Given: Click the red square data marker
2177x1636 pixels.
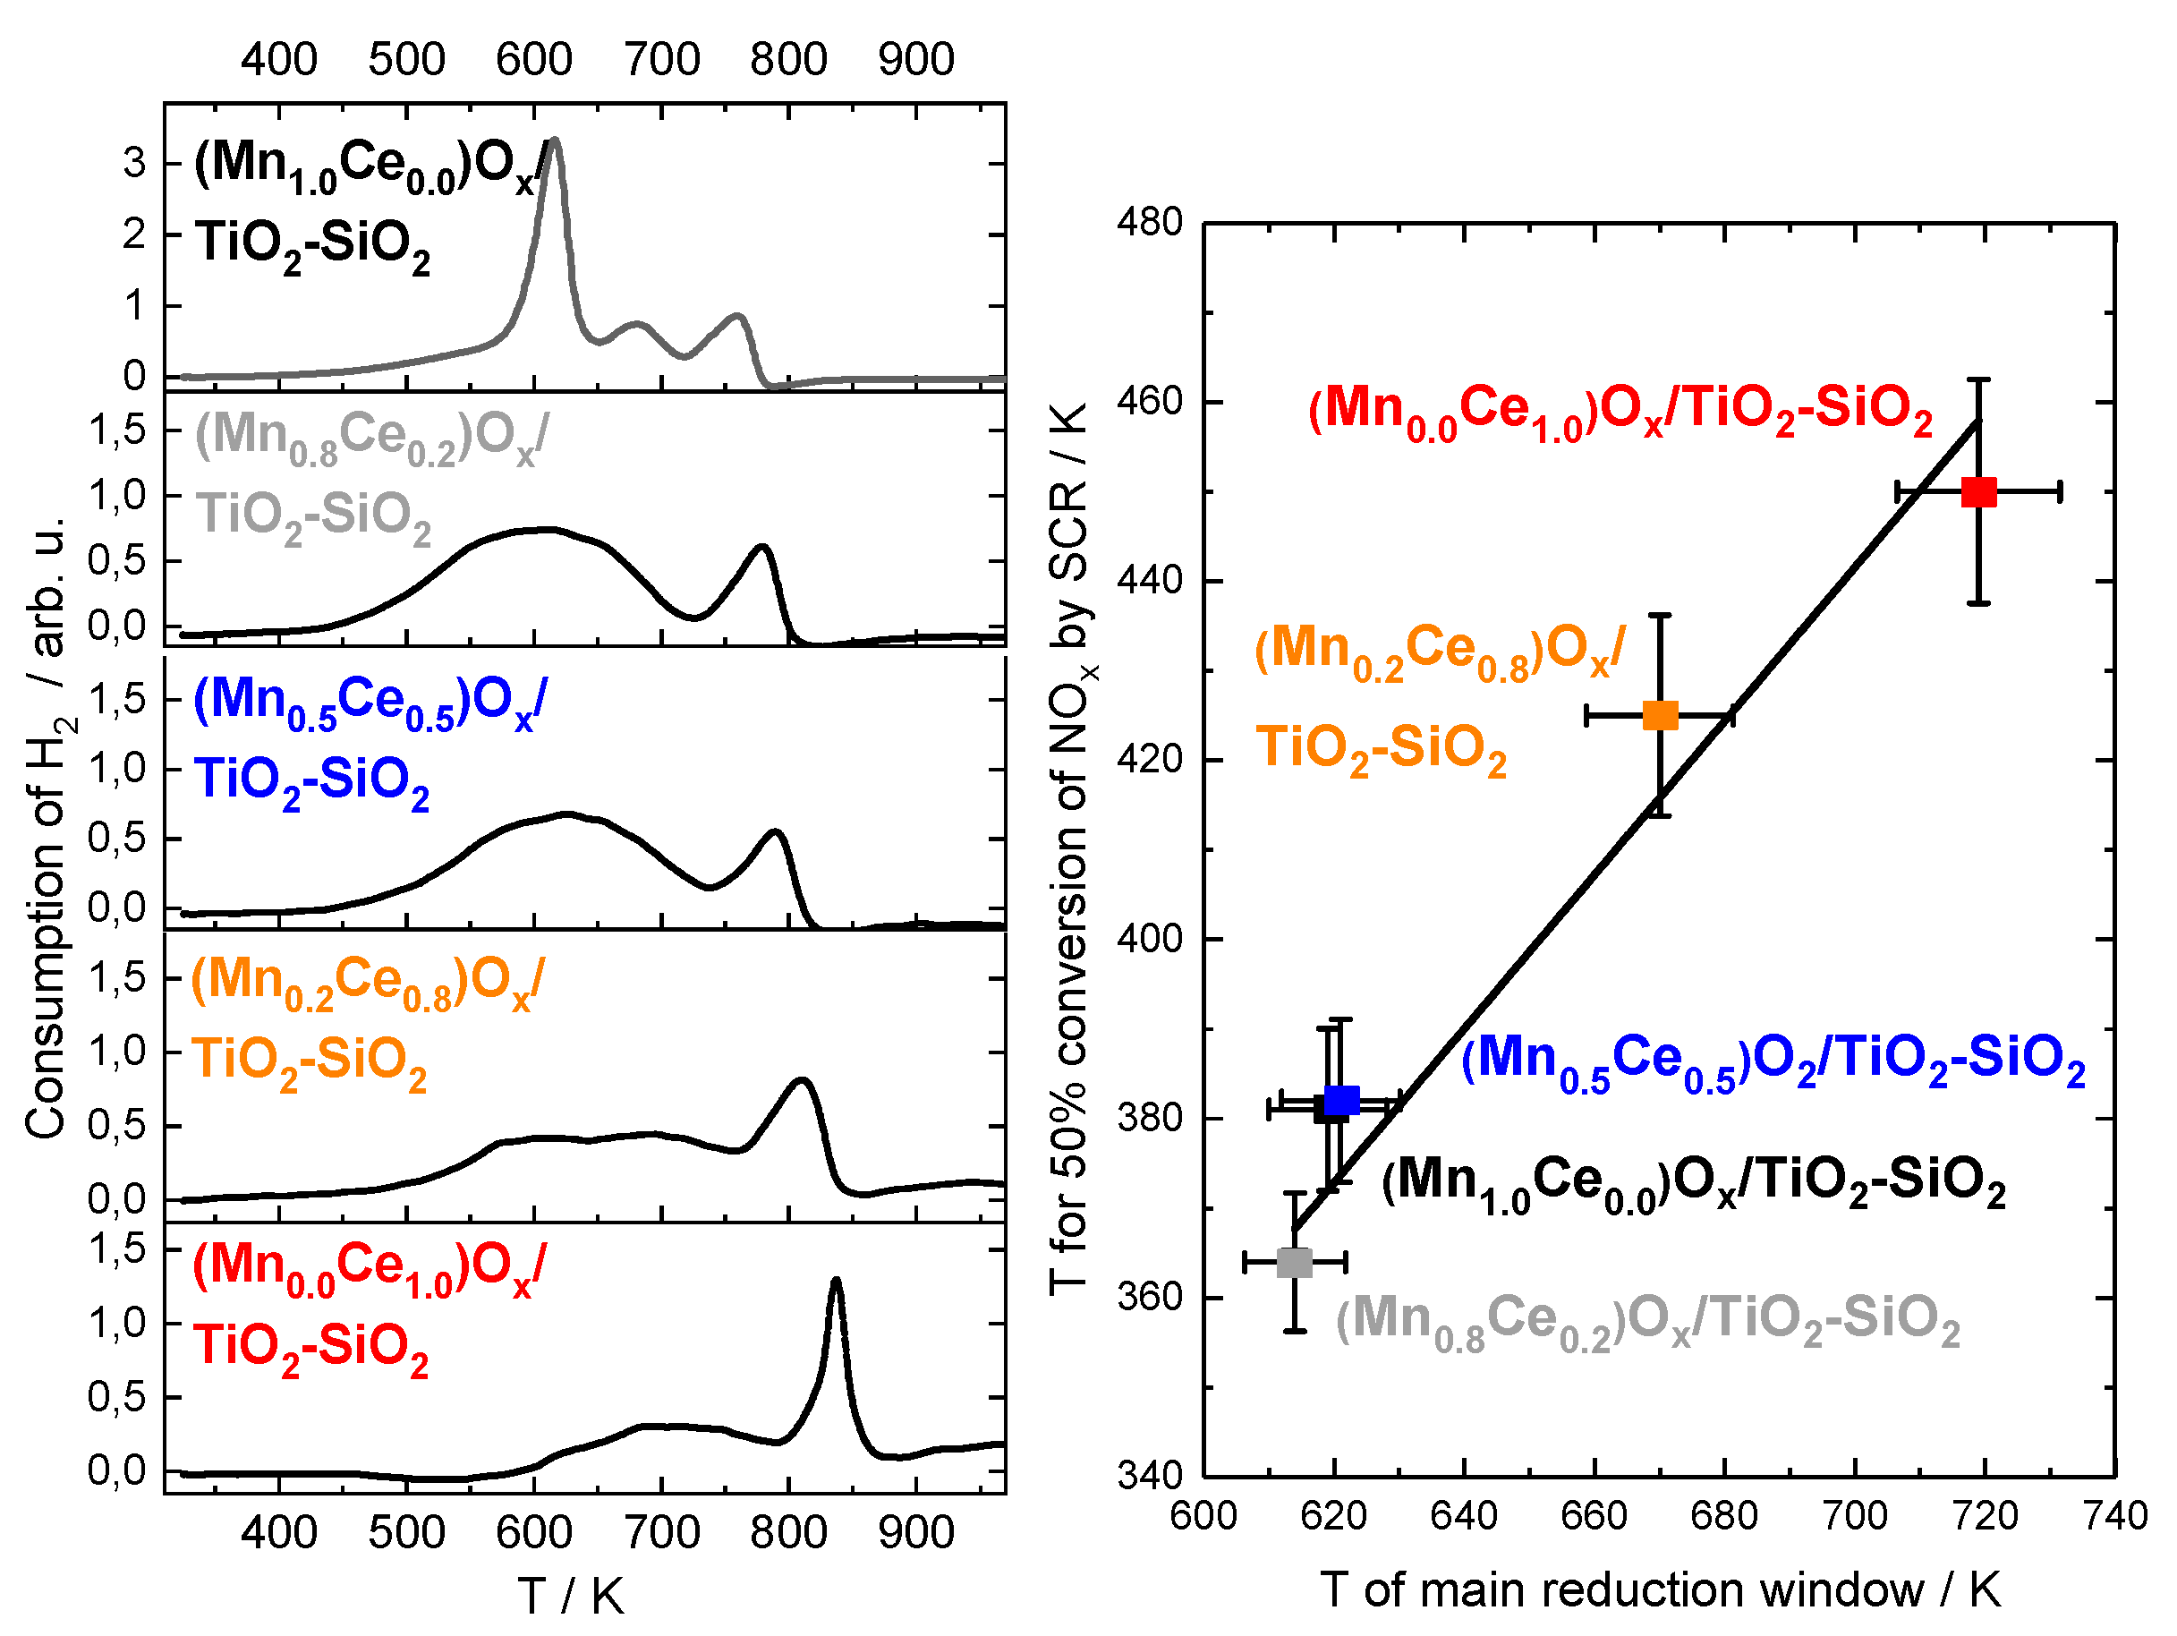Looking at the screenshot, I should (x=1978, y=492).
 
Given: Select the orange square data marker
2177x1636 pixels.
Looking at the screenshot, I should (x=1661, y=716).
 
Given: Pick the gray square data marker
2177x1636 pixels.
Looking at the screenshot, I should (x=1294, y=1262).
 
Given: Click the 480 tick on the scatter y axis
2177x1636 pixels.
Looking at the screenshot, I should (x=1149, y=223).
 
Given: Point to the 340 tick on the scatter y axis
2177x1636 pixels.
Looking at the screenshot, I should (x=1149, y=1476).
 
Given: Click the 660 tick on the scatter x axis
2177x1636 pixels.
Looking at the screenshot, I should (x=1594, y=1516).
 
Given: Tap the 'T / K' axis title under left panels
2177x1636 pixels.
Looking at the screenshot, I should (x=571, y=1596).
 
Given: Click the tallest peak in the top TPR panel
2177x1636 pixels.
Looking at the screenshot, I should (x=554, y=141).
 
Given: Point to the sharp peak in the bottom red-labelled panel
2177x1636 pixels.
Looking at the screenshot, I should (x=836, y=1281).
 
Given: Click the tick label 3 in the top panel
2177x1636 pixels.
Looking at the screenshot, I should (x=134, y=162).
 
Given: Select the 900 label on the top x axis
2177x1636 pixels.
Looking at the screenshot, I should (x=915, y=59).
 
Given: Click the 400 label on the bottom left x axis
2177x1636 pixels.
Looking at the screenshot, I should (x=278, y=1533).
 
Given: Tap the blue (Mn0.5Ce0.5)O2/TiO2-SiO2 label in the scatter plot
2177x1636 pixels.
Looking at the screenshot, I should (x=1772, y=1061).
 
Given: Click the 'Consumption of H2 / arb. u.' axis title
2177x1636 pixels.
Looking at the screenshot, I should (x=47, y=827).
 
